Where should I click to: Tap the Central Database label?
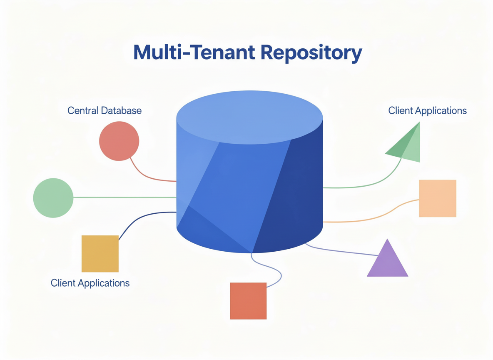click(105, 111)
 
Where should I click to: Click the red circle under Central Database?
click(119, 141)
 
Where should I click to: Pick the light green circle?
click(53, 198)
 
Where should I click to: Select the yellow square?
click(100, 254)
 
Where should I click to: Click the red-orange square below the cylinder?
click(248, 301)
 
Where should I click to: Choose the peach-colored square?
click(438, 198)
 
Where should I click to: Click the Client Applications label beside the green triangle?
click(427, 111)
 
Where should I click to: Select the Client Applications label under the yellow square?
click(90, 283)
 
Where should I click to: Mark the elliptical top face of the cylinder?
click(250, 117)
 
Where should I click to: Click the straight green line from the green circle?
click(125, 197)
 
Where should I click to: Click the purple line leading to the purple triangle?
click(341, 251)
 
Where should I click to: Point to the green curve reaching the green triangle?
click(375, 183)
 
